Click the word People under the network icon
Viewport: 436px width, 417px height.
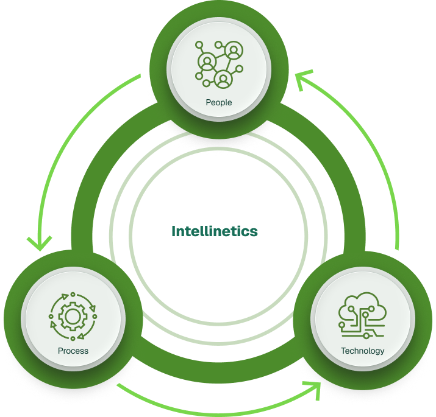coord(218,102)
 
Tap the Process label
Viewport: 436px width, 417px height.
coord(73,351)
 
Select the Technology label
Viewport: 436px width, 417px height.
coord(362,351)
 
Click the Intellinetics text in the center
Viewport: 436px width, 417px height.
coord(215,231)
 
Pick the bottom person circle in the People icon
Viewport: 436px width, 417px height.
coord(223,79)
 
